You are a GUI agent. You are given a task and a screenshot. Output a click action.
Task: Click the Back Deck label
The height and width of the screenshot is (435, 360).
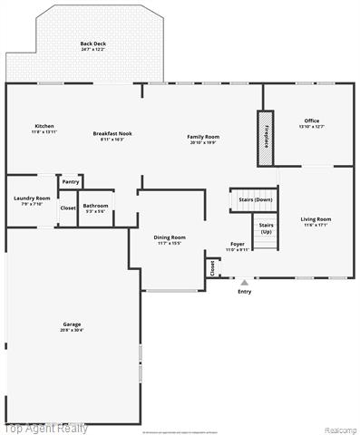coord(92,44)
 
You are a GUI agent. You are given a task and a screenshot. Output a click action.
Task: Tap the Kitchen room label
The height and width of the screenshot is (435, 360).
coord(44,125)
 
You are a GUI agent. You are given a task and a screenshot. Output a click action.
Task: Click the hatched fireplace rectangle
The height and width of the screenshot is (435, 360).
coord(264,139)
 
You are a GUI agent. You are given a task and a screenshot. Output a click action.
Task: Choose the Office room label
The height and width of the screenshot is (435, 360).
coord(311,121)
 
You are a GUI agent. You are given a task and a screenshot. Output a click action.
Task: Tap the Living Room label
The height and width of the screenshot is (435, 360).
coord(316,218)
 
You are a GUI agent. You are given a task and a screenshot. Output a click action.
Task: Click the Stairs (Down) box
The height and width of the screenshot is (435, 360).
coord(255,199)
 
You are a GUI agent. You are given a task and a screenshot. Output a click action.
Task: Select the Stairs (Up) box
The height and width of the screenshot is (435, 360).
coord(266,227)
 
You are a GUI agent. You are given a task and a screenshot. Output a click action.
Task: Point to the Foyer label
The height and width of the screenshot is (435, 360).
coord(237,245)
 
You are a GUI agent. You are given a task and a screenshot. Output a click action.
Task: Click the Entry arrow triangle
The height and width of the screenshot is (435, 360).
coord(244,283)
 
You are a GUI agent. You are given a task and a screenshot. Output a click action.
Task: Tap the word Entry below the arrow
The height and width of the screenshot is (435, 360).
coord(244,292)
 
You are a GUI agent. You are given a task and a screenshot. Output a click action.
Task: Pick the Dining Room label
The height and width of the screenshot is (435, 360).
coord(170,237)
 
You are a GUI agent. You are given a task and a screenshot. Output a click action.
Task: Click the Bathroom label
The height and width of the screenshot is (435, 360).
coord(95,206)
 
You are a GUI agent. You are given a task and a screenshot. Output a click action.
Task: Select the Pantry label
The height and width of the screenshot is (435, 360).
coord(71,182)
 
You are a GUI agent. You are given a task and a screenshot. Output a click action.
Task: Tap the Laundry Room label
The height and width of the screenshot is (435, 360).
coord(32,198)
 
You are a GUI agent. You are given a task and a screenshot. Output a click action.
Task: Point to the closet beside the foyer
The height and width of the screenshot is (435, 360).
coord(213,266)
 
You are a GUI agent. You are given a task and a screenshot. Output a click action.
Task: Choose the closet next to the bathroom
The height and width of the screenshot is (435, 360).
coord(68,208)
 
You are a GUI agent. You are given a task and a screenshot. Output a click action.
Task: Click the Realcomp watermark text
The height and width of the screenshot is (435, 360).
coord(340,429)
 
